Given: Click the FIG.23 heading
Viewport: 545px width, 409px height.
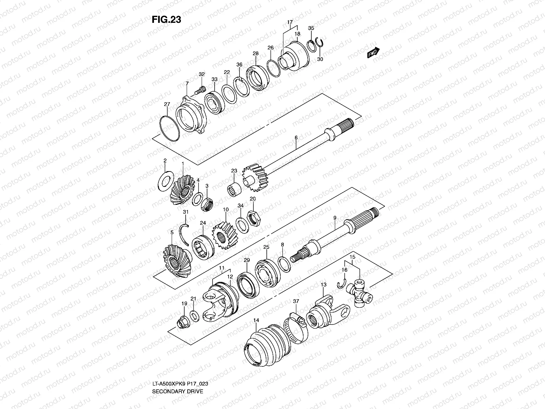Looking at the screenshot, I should tap(166, 20).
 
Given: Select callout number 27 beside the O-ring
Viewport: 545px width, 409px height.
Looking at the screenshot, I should tap(167, 104).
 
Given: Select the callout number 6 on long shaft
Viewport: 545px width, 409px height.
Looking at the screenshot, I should tap(296, 137).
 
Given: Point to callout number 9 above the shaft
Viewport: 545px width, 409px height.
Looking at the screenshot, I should tap(335, 217).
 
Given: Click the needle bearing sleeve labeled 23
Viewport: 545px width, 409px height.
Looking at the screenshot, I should tap(235, 188).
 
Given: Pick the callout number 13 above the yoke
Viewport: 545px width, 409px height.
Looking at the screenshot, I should tap(323, 284).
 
